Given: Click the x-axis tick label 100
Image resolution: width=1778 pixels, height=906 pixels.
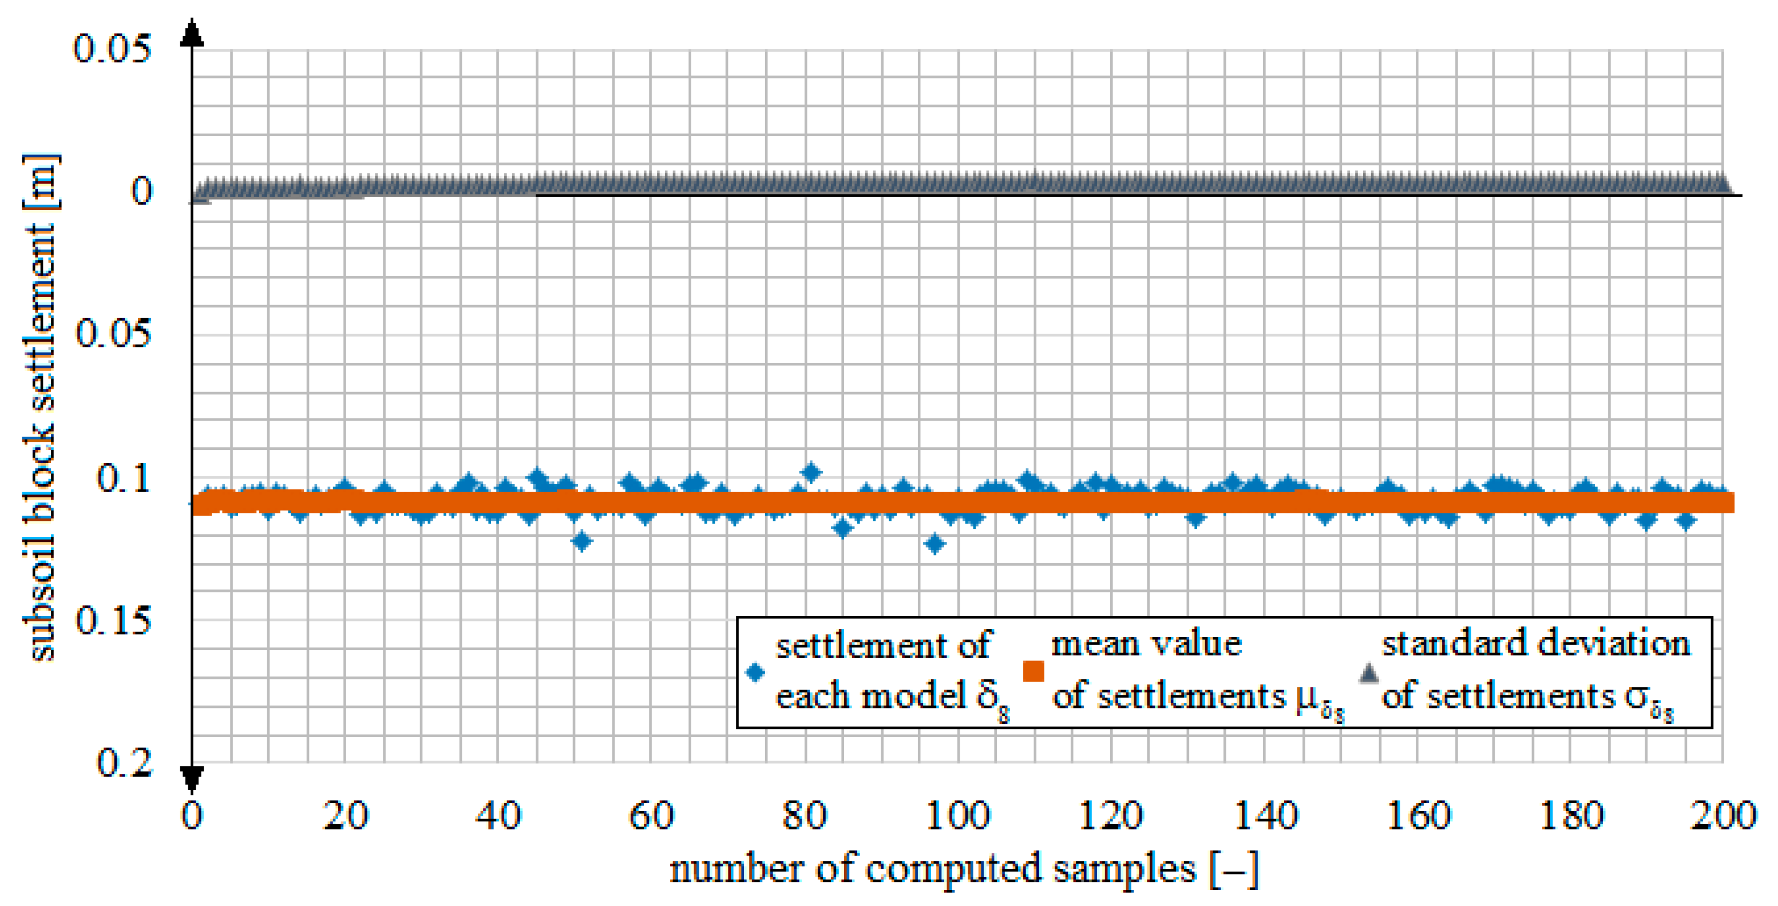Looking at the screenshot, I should [957, 816].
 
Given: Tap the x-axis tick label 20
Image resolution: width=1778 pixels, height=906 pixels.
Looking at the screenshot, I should [345, 816].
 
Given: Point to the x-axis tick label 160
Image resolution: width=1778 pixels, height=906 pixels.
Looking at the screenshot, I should [1417, 816].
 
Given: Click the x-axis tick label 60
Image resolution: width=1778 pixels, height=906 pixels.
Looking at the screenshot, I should [651, 816].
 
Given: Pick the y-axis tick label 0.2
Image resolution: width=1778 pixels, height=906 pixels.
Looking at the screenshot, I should [124, 763].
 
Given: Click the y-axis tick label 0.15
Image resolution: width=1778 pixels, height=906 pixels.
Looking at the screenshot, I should [113, 620].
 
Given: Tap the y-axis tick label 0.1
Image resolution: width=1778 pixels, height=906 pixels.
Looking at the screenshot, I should [124, 478].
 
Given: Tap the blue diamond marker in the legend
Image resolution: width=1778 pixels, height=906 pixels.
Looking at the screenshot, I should [755, 672].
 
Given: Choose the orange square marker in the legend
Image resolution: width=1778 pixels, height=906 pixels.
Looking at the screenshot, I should [1033, 671].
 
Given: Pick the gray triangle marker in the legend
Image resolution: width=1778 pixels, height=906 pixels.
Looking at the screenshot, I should [1368, 672].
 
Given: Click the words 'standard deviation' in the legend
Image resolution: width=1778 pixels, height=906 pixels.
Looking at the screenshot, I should [1536, 644].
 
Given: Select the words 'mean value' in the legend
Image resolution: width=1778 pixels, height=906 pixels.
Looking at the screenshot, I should [1146, 644].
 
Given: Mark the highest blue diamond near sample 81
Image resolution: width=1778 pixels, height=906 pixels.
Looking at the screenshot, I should [811, 473].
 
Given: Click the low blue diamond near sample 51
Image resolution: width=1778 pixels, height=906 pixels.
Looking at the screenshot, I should [582, 541].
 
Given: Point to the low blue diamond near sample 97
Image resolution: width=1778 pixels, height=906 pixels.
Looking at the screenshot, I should [934, 544].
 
